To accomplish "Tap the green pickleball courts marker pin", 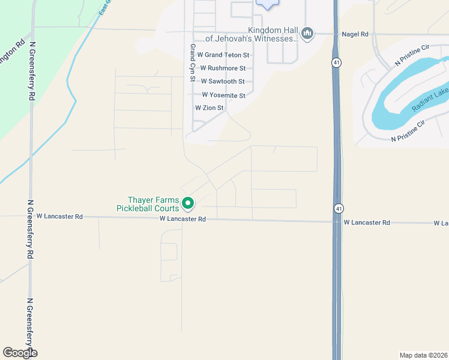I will pyautogui.click(x=188, y=204).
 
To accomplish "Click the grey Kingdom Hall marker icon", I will pyautogui.click(x=308, y=33).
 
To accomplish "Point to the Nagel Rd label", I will pyautogui.click(x=355, y=35).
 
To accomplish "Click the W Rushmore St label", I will pyautogui.click(x=223, y=68).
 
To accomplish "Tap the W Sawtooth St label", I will pyautogui.click(x=223, y=82).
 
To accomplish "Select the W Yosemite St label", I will pyautogui.click(x=223, y=95).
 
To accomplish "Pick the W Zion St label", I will pyautogui.click(x=209, y=108).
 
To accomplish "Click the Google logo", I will pyautogui.click(x=20, y=353).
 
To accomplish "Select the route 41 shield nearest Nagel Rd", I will pyautogui.click(x=337, y=62).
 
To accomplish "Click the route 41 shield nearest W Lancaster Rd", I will pyautogui.click(x=339, y=208).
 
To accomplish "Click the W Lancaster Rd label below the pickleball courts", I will pyautogui.click(x=183, y=220).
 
